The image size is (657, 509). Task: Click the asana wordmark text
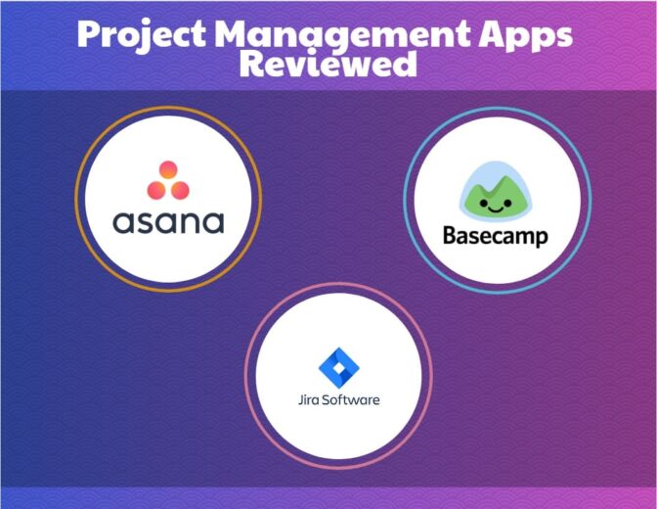168,221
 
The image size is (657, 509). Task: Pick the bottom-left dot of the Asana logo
154,189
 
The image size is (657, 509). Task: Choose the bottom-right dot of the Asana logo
182,189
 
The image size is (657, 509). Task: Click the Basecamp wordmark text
495,236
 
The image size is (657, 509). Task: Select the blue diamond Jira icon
338,366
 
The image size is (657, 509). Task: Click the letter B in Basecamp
449,236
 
